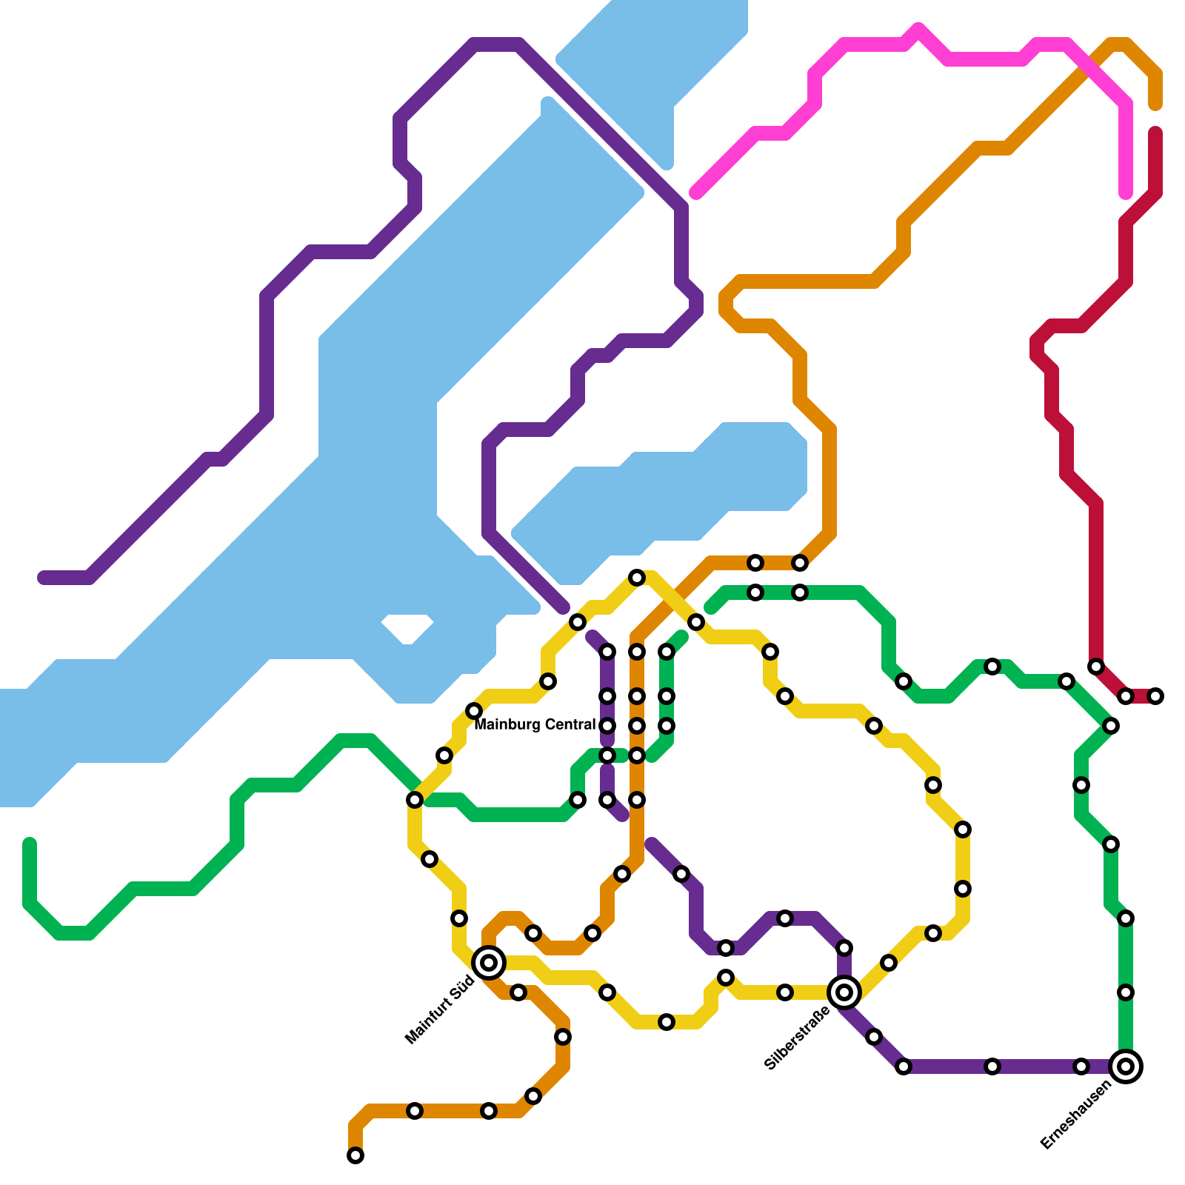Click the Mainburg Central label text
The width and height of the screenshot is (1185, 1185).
point(535,724)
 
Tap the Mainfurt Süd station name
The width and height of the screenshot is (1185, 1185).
point(440,1011)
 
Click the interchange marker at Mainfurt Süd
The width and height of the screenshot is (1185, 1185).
point(489,963)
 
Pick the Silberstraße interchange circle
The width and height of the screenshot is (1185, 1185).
point(844,992)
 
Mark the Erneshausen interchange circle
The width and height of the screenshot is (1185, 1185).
point(1126,1066)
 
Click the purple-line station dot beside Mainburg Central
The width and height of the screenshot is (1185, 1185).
point(607,726)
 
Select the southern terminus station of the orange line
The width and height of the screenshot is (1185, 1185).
point(355,1155)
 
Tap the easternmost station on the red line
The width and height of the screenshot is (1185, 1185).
point(1155,696)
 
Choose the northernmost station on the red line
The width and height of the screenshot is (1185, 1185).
point(1096,667)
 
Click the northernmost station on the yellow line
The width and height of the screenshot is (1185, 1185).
point(637,578)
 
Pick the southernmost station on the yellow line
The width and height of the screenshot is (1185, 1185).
point(667,1022)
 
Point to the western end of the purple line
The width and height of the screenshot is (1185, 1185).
point(43,578)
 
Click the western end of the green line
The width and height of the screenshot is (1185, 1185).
point(30,843)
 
